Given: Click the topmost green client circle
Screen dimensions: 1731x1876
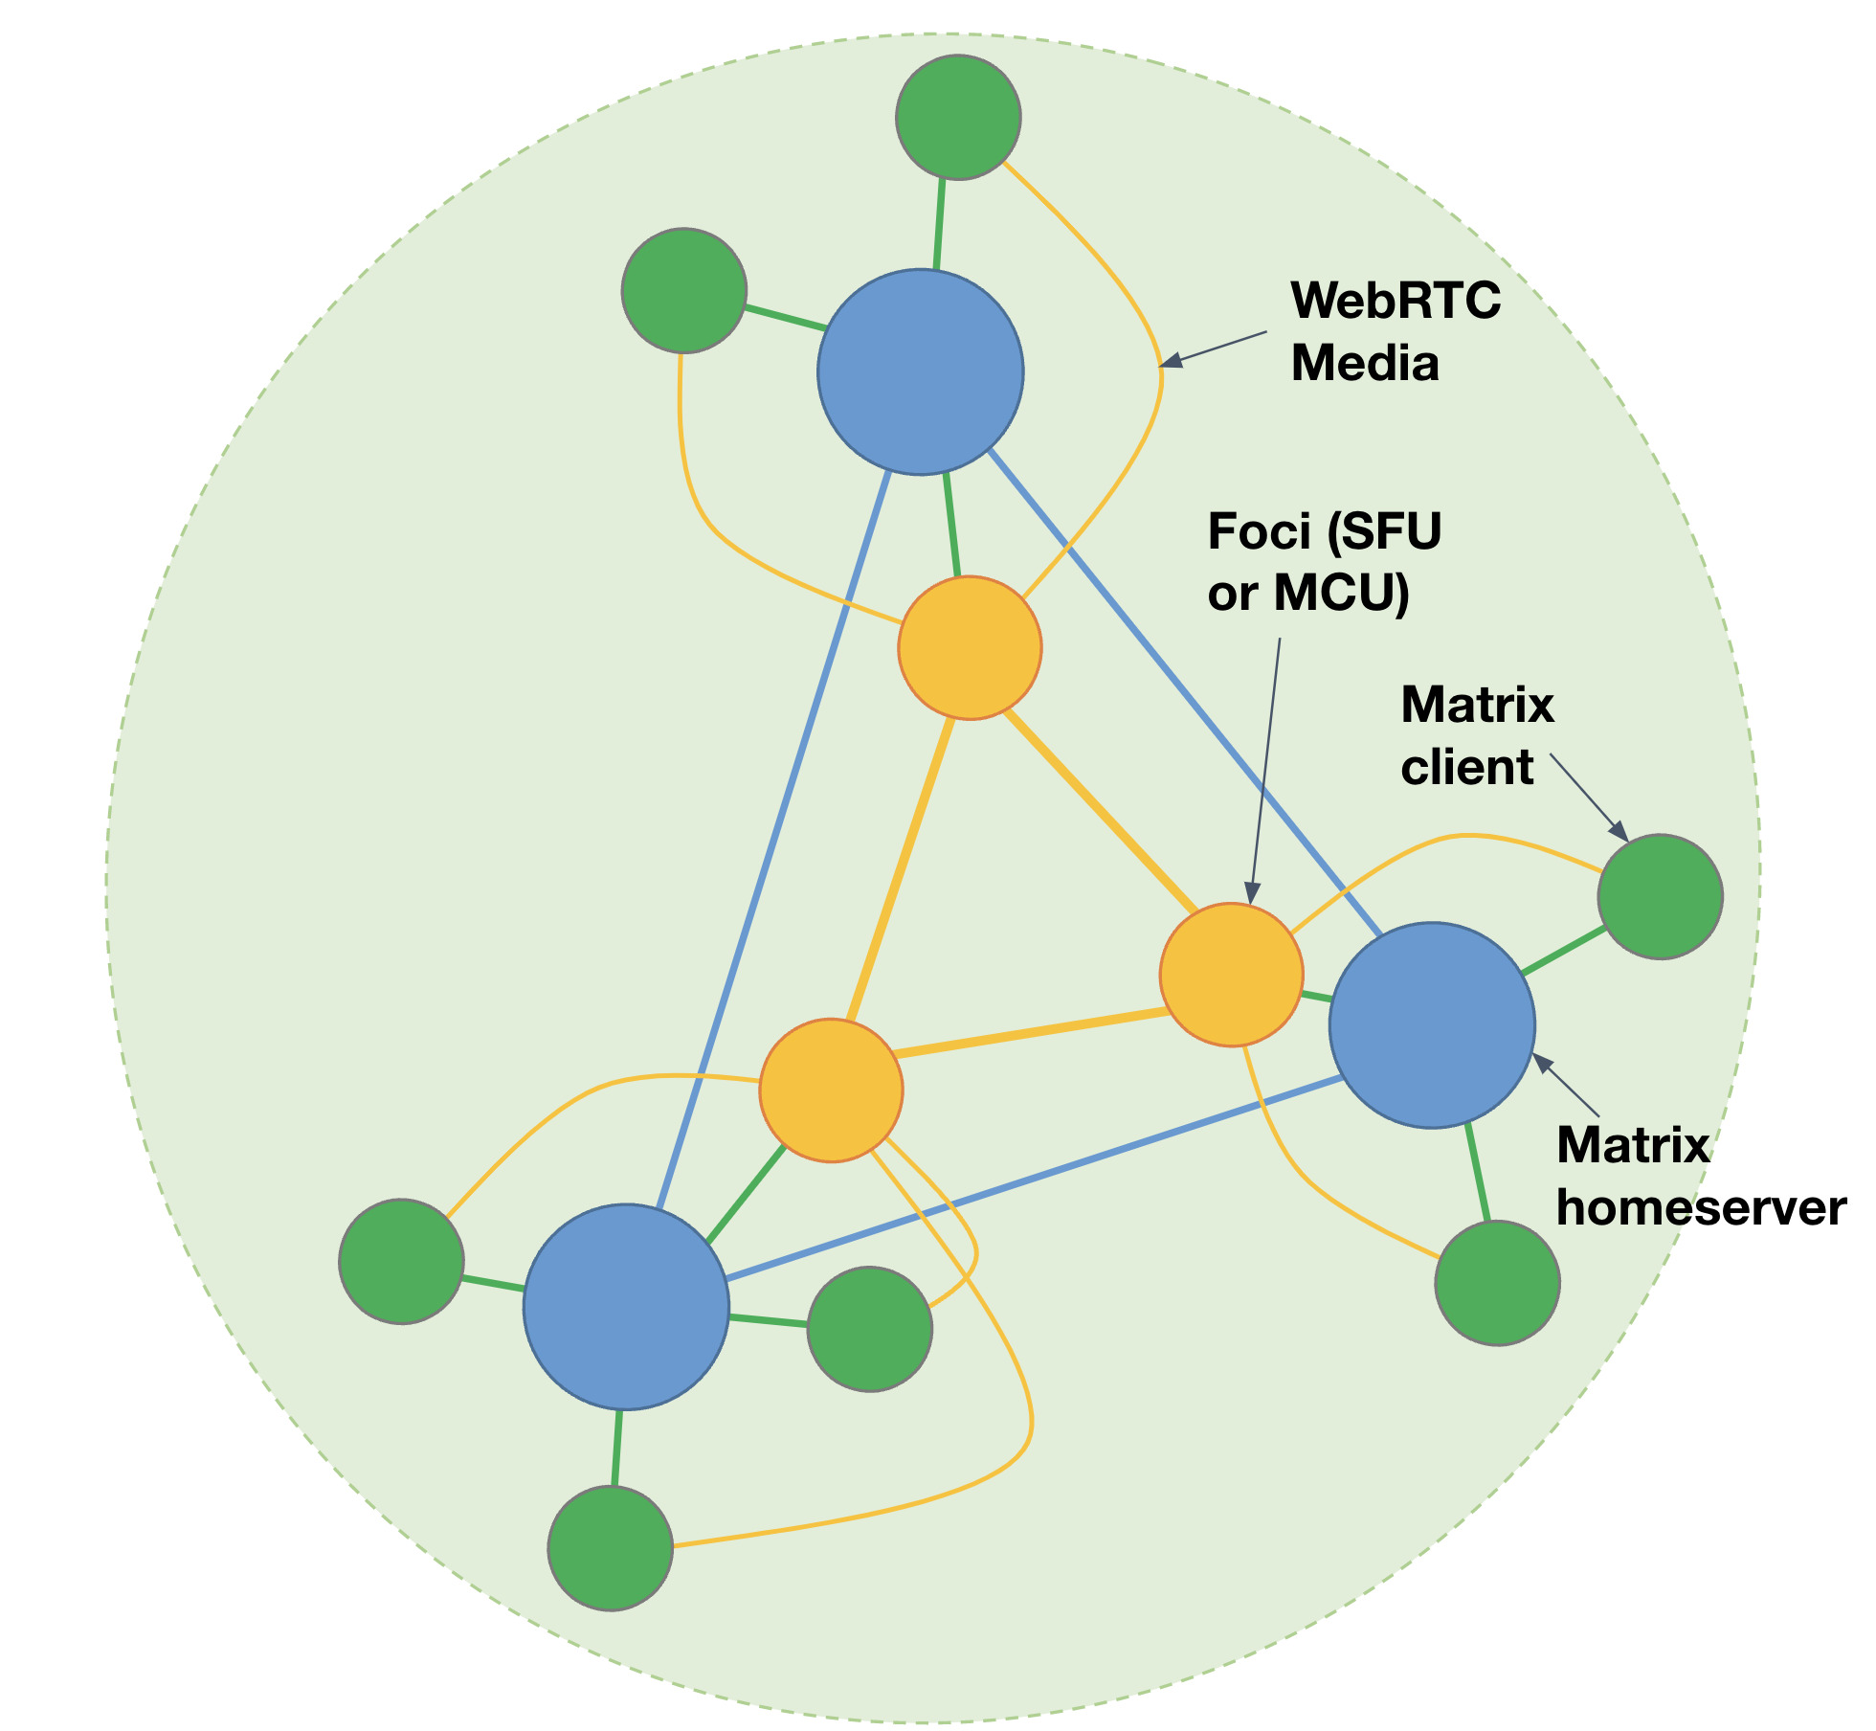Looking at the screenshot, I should point(958,117).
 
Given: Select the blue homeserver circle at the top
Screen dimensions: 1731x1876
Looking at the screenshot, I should point(921,371).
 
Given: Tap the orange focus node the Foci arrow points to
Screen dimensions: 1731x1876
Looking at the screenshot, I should point(1232,975).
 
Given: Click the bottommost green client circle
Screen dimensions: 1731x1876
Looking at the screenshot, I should point(611,1548).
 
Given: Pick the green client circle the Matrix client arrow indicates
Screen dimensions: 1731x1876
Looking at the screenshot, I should point(1660,896).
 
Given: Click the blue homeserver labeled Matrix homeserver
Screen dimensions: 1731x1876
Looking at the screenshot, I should point(1432,1025).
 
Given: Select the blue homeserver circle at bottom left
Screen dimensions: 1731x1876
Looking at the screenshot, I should point(626,1307).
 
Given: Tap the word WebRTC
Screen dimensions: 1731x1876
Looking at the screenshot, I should point(1396,301).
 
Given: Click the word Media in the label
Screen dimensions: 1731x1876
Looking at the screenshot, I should point(1365,364).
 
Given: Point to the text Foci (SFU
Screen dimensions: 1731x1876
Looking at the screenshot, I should point(1324,531).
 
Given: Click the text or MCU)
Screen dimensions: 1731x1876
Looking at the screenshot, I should point(1308,594).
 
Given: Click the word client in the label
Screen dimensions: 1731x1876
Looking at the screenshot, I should point(1466,768).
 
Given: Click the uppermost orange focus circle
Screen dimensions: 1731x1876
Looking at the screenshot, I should point(970,648).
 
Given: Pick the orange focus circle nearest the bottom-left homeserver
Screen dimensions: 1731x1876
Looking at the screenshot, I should point(831,1090).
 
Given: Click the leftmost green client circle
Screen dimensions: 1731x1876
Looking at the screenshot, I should point(402,1261).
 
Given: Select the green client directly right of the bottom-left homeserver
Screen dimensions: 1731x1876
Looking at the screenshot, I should point(869,1329).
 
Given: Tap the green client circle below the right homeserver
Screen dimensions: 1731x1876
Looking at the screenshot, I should point(1497,1283).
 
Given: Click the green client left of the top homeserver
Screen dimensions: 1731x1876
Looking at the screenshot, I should point(683,290).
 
